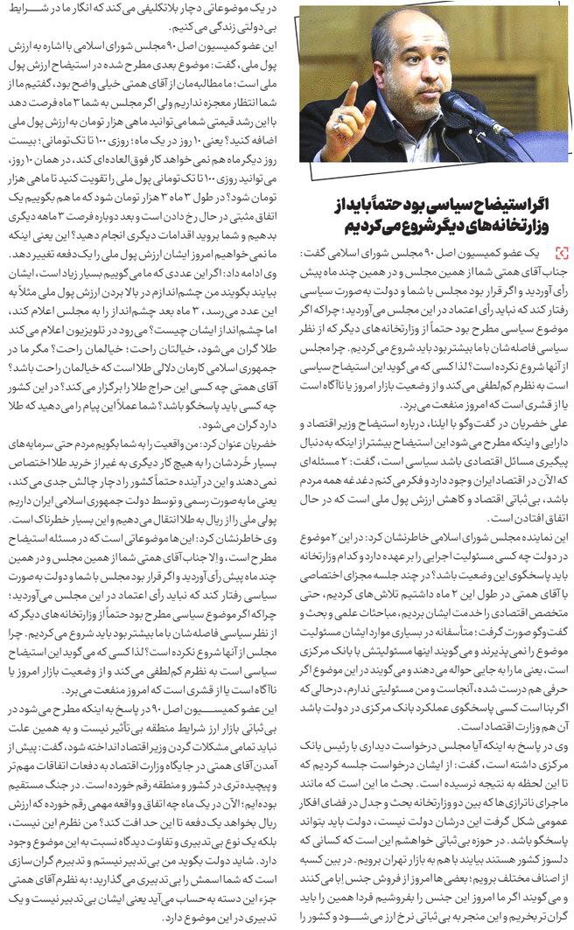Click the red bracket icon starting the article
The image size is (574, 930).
(560, 253)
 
